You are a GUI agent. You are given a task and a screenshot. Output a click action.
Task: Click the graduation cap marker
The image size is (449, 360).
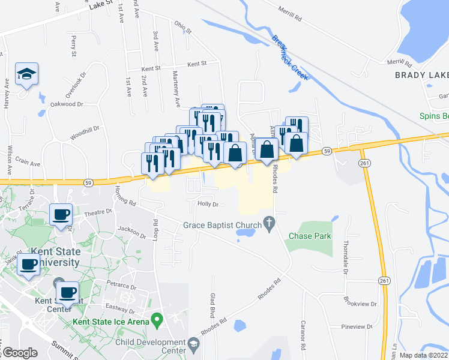click(26, 74)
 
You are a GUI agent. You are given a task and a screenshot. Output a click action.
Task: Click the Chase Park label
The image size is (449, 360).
click(310, 236)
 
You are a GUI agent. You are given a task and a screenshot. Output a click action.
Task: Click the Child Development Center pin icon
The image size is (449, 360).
click(193, 344)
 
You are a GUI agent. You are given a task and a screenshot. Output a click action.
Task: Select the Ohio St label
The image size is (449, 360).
click(182, 28)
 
